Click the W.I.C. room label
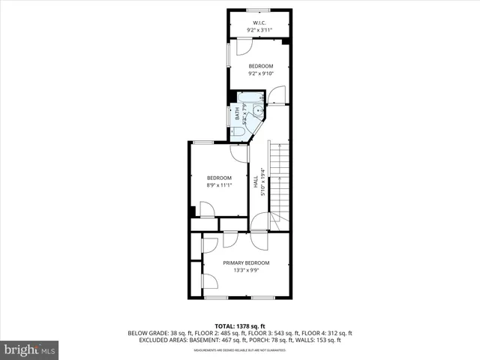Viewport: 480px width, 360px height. click(x=259, y=23)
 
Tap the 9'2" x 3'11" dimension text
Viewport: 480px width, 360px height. click(x=259, y=31)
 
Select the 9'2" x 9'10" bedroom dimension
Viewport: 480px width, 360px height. click(x=261, y=74)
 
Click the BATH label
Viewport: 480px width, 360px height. click(x=238, y=115)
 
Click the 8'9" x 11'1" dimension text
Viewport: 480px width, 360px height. click(x=219, y=185)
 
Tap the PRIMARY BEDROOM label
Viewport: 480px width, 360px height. click(x=246, y=262)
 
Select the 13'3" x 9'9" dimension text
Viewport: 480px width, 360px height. click(x=246, y=270)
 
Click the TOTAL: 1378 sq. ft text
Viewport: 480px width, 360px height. click(x=240, y=324)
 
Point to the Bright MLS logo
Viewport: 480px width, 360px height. click(x=29, y=349)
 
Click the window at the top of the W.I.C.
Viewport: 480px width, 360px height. click(x=259, y=10)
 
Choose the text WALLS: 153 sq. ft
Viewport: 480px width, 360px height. click(x=321, y=340)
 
